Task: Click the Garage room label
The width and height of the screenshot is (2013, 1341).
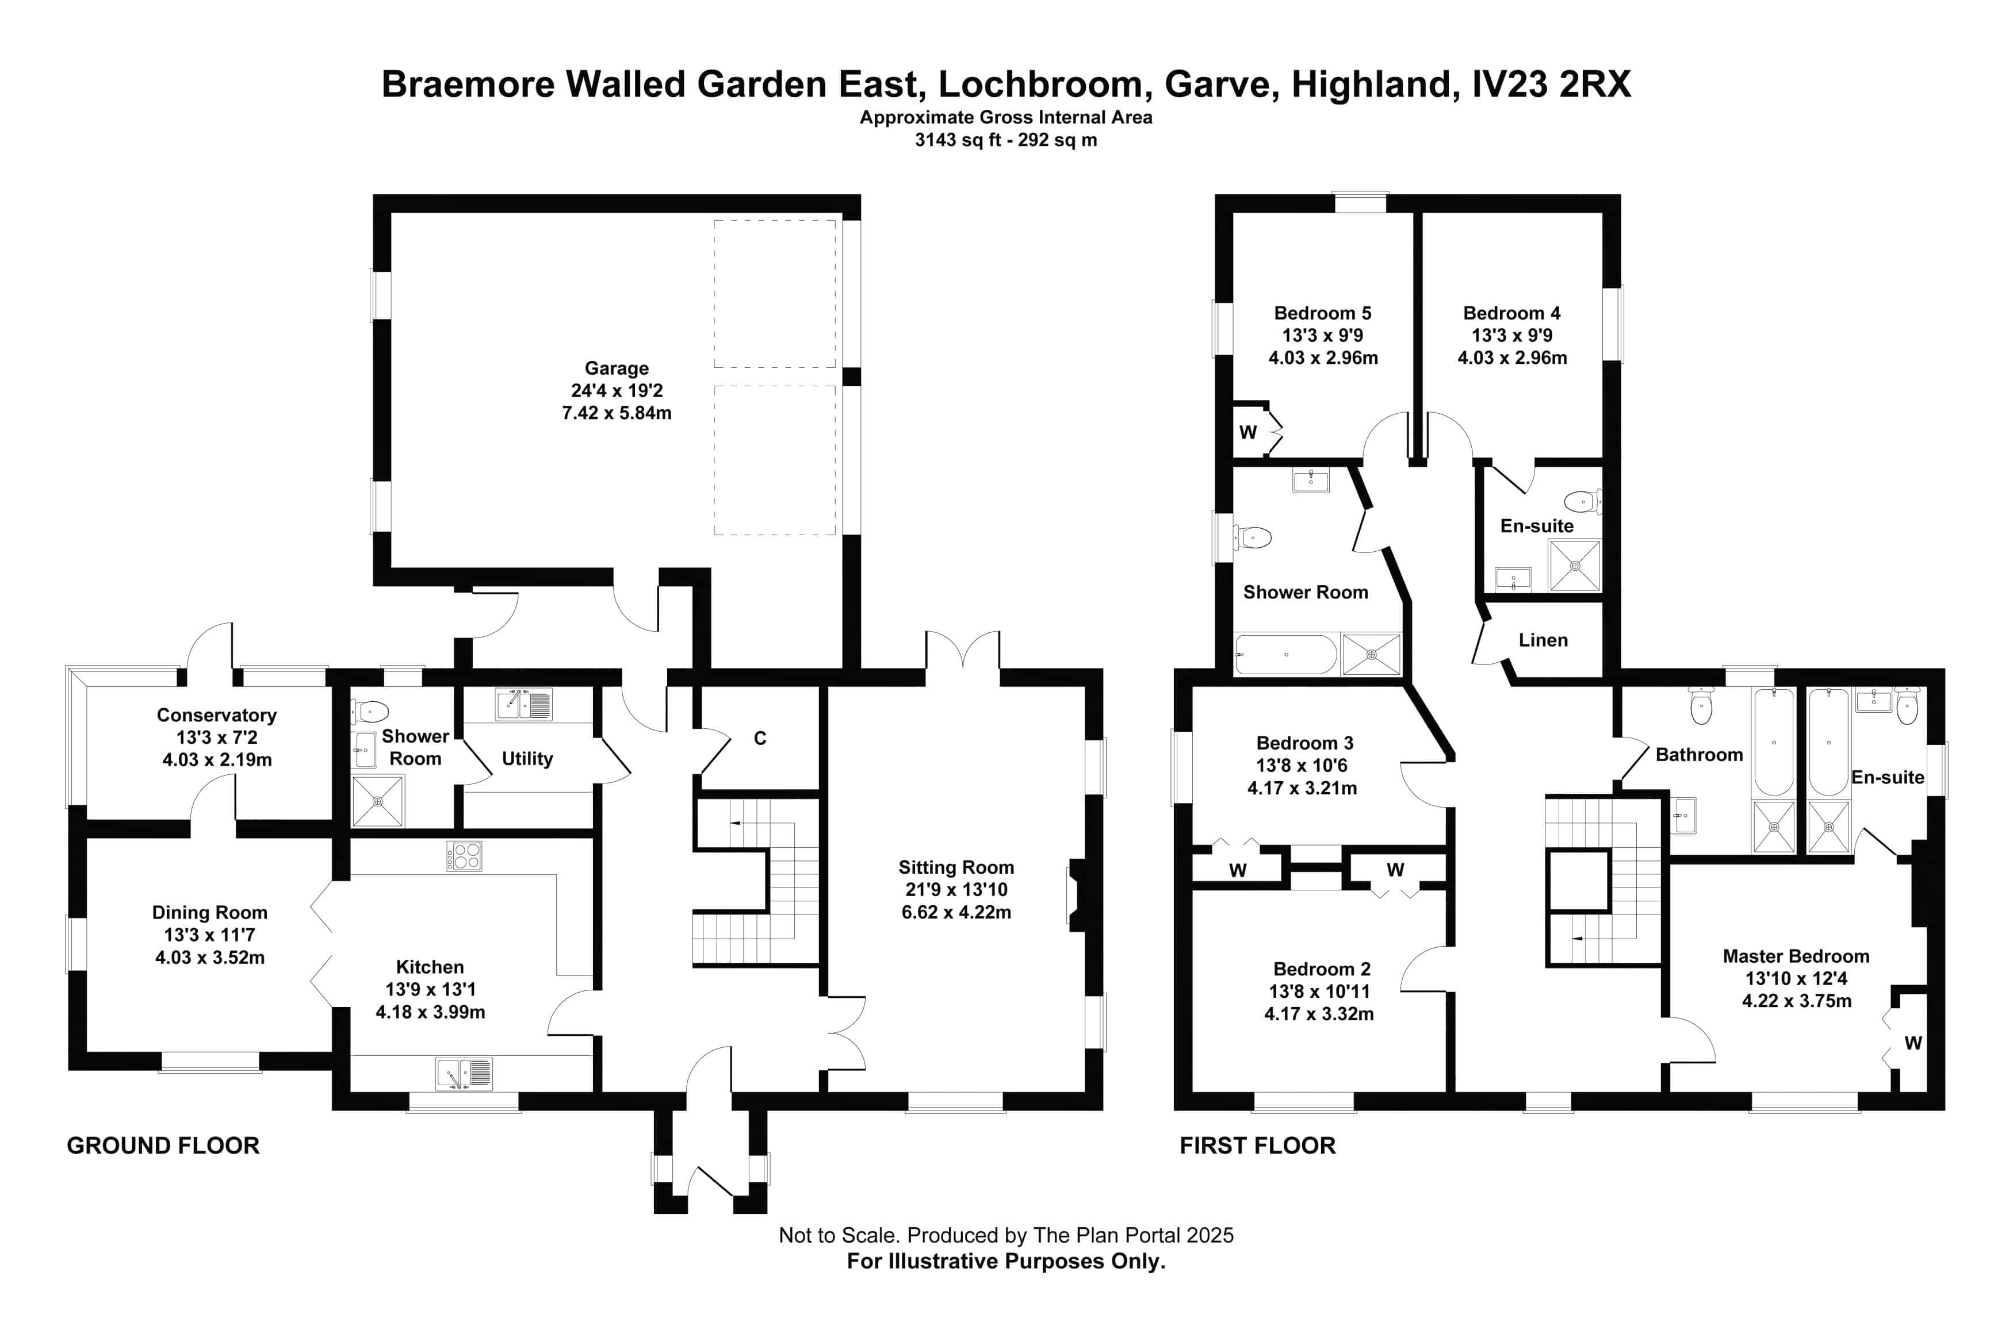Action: [616, 368]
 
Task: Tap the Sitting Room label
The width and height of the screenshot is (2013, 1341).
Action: [955, 867]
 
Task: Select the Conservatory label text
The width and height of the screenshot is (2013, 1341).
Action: [216, 715]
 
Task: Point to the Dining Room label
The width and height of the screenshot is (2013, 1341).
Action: [209, 913]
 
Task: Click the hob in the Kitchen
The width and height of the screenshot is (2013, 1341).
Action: [464, 856]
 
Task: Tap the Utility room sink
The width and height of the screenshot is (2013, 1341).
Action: [523, 705]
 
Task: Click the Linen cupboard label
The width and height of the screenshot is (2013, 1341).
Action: [1543, 640]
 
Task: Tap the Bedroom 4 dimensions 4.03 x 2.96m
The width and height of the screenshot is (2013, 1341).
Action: [1511, 358]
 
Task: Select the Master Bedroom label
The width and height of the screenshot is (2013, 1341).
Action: [1796, 956]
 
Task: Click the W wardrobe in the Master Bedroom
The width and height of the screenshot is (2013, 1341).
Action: [1913, 1043]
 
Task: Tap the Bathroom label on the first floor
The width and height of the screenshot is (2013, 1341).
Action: [1699, 754]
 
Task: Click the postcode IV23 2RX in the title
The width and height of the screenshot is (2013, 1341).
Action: [1551, 84]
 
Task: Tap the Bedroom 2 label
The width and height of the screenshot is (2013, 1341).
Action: [1322, 969]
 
